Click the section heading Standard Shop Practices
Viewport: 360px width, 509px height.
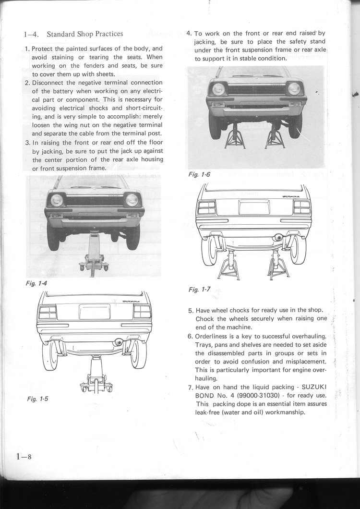[85, 34]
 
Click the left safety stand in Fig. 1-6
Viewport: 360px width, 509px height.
[235, 137]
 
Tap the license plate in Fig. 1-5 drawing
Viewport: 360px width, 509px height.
[95, 312]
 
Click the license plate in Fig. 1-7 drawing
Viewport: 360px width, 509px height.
[254, 207]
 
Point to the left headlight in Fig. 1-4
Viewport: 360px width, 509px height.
[57, 199]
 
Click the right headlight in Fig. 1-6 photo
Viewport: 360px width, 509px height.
[294, 88]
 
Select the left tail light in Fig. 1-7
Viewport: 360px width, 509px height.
[207, 207]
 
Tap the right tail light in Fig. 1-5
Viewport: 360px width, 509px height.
[142, 312]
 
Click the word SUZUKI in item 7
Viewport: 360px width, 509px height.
[314, 387]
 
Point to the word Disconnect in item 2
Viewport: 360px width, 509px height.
[49, 83]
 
